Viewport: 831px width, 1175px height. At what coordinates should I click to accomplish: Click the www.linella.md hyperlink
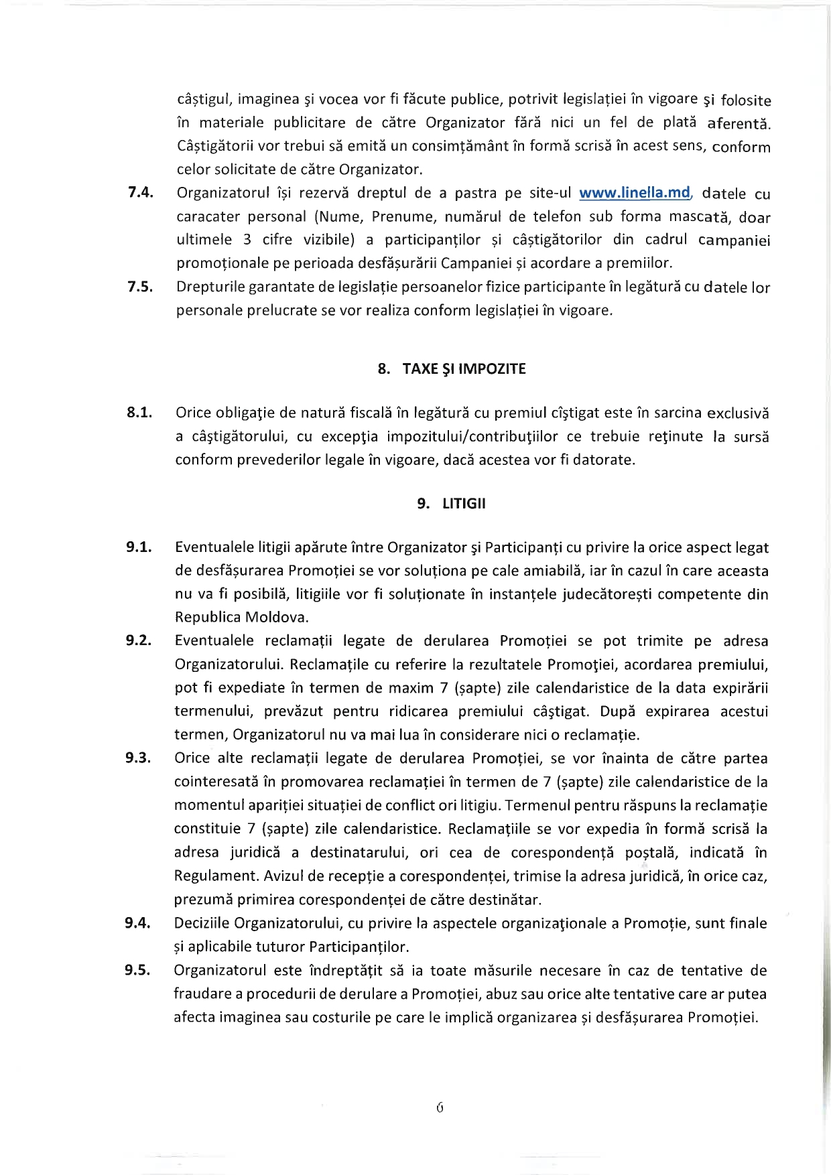point(634,193)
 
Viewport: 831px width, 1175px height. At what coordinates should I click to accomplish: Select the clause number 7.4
point(141,193)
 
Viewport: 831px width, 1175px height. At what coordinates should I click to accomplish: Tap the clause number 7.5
point(141,287)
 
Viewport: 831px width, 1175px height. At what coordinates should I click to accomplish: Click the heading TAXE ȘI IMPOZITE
point(464,369)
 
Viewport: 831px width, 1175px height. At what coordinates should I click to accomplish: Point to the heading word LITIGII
point(464,504)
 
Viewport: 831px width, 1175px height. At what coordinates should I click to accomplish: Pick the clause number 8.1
point(139,413)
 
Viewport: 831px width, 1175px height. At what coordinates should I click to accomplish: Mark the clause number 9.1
point(139,547)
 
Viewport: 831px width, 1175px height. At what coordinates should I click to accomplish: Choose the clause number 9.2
point(139,640)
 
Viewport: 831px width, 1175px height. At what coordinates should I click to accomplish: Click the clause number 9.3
point(138,758)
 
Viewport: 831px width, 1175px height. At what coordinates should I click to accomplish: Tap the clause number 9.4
point(137,923)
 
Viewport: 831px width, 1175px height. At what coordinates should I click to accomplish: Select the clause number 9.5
point(137,971)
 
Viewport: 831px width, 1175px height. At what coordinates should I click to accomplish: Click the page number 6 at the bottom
point(440,1108)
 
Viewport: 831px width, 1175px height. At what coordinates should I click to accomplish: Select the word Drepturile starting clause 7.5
point(210,287)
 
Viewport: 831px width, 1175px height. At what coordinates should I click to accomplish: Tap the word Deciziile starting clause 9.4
point(202,924)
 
